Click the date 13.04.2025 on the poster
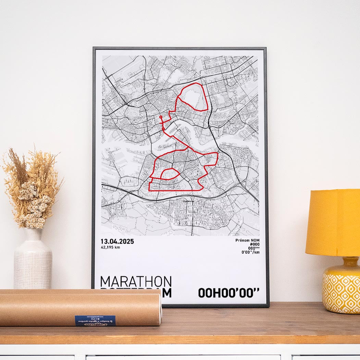[117, 241]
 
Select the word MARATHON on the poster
[136, 282]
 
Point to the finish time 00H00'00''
[228, 293]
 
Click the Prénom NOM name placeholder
[247, 240]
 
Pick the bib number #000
[255, 244]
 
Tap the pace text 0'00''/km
[251, 252]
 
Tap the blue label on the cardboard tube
[95, 320]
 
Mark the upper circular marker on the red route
[161, 117]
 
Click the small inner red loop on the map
[170, 174]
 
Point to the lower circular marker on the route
[163, 129]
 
